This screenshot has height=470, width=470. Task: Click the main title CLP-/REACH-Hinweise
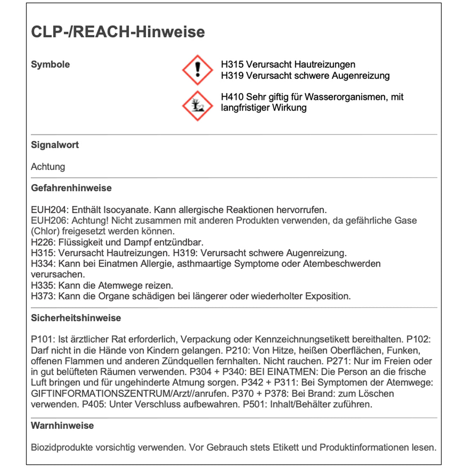click(x=118, y=32)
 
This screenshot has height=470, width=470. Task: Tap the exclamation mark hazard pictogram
click(x=197, y=70)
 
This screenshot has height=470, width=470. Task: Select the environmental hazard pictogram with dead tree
click(x=197, y=105)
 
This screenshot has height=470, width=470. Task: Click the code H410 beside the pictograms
click(x=232, y=97)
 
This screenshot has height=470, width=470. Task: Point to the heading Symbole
click(x=50, y=65)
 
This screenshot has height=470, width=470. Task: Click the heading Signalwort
click(x=55, y=145)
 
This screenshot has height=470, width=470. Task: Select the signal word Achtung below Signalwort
click(x=48, y=167)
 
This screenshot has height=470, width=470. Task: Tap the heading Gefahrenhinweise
click(x=71, y=188)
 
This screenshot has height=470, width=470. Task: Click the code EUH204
click(x=49, y=210)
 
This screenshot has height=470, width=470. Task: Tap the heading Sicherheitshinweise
click(x=76, y=318)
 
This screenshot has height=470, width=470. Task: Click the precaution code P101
click(x=42, y=340)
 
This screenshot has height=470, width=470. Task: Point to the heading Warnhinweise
click(x=62, y=426)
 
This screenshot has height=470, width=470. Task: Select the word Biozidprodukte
click(x=62, y=448)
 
